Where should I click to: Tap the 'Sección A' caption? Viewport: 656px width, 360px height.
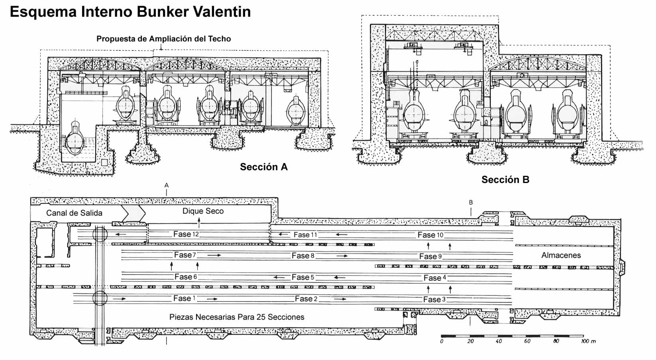(263, 167)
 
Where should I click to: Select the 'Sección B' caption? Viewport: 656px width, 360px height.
(505, 180)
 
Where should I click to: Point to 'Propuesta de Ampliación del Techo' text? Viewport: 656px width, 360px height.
(163, 39)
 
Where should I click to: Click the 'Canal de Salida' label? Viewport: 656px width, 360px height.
(74, 213)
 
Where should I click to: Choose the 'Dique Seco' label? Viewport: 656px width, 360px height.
(203, 211)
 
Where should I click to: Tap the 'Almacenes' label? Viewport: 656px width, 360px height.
(561, 255)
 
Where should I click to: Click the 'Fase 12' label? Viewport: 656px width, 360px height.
(186, 234)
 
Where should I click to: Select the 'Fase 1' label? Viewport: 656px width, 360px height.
(184, 298)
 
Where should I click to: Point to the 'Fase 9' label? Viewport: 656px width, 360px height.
(430, 256)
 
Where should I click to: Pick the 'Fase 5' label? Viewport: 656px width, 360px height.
(303, 277)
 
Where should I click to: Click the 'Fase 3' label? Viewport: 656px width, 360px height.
(434, 299)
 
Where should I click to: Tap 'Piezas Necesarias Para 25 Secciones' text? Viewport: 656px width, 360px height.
(237, 317)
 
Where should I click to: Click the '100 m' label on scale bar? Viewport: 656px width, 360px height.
(588, 341)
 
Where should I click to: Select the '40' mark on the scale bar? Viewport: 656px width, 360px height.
(499, 341)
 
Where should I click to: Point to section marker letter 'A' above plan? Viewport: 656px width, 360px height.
(167, 185)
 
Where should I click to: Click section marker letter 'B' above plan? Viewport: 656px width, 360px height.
(471, 203)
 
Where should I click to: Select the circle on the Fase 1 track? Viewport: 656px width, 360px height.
(100, 298)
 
